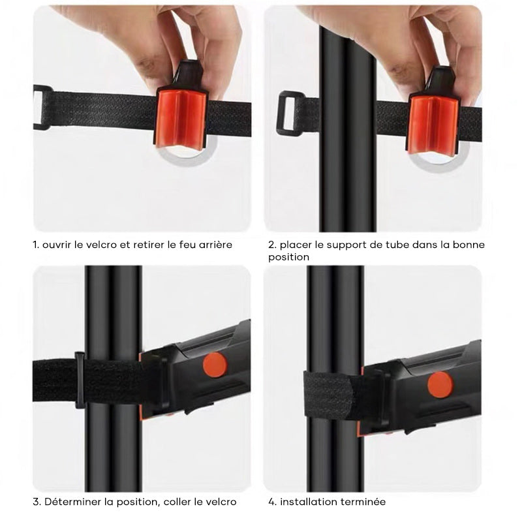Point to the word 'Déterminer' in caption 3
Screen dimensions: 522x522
(x=70, y=502)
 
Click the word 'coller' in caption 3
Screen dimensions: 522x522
(x=178, y=502)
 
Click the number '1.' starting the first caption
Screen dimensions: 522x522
(x=36, y=245)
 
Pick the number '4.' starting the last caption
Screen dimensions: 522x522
(x=272, y=502)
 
